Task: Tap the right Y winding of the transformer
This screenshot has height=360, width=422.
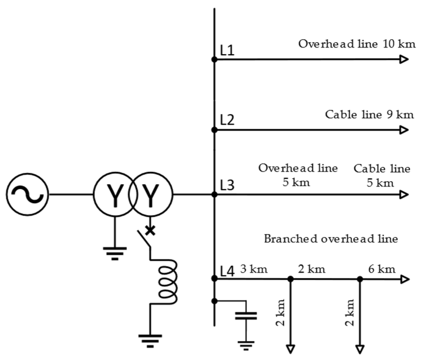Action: pos(151,195)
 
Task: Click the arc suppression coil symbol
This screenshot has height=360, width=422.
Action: pos(168,282)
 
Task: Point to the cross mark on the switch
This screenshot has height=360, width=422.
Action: pos(150,230)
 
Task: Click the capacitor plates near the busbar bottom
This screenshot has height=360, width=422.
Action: pos(246,316)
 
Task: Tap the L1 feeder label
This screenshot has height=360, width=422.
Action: pos(227,50)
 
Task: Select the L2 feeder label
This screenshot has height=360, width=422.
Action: pos(227,120)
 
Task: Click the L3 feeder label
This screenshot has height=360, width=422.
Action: pos(227,185)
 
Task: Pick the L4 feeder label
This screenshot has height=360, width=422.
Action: pos(227,271)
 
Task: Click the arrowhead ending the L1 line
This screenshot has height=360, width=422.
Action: pos(404,59)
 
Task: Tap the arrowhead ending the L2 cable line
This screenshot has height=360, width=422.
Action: pos(404,130)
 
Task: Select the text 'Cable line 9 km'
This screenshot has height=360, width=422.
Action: pos(369,114)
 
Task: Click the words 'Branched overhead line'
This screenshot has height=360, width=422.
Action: pos(331,239)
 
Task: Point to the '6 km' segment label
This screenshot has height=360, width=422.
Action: pos(382,269)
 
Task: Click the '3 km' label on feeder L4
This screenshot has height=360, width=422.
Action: pos(254,269)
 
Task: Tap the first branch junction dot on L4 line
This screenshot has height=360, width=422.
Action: pos(291,279)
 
